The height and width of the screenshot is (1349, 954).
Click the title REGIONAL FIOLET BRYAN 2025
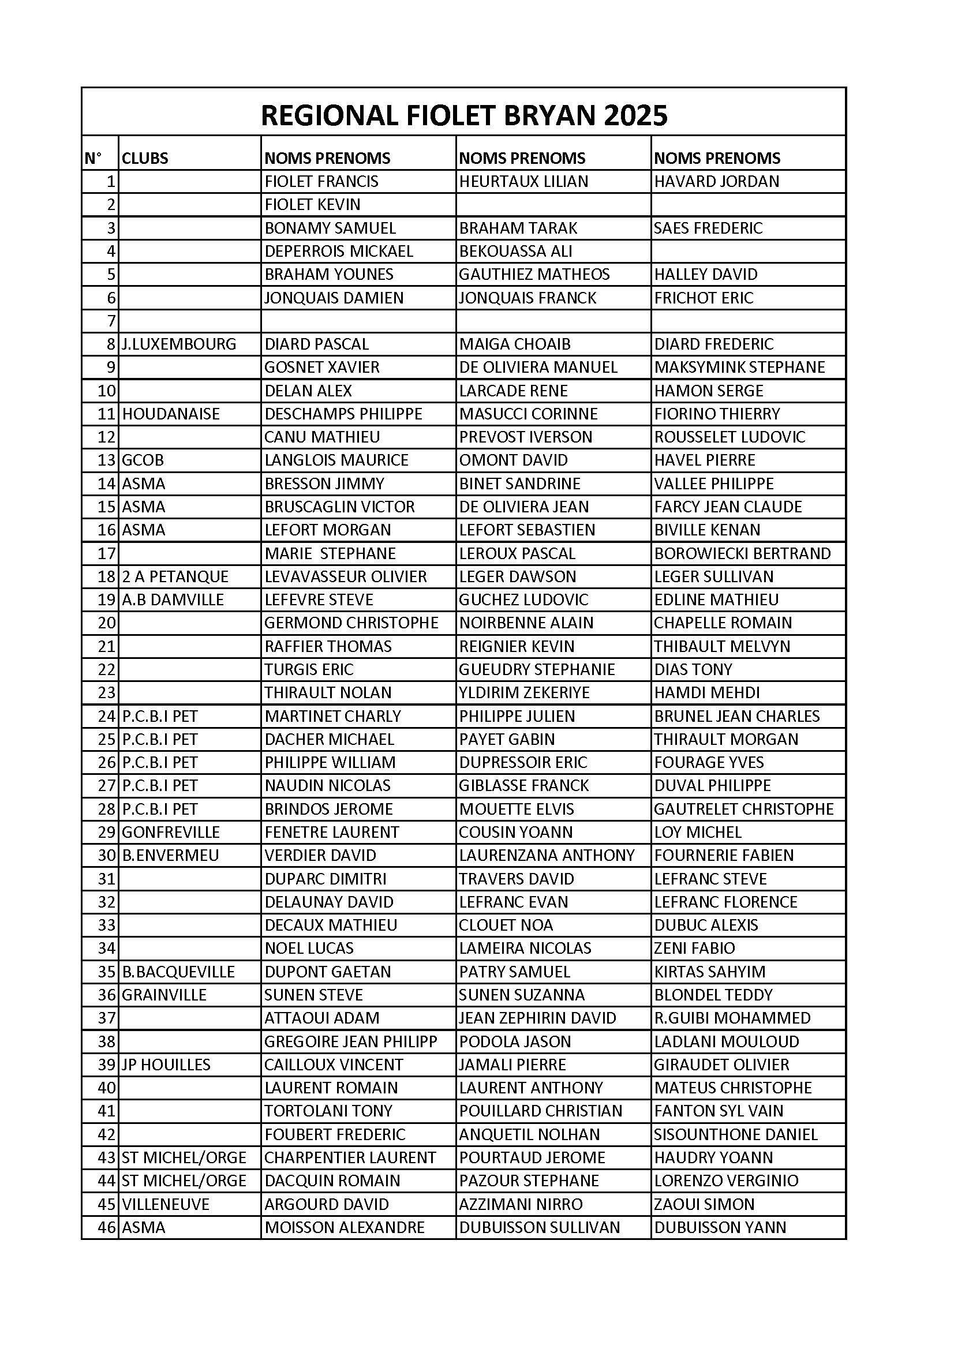point(464,115)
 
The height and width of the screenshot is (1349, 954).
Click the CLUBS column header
point(145,158)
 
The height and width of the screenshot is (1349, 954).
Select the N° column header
point(93,158)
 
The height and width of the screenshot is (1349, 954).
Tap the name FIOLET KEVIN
point(312,204)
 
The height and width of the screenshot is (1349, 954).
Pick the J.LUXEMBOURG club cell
point(179,344)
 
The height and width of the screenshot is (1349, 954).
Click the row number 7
point(111,321)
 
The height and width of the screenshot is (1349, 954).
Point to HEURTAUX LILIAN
point(523,181)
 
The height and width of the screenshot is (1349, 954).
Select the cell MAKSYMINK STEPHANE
point(739,367)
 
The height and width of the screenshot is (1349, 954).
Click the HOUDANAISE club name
point(170,414)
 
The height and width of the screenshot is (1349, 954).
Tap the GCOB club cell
point(143,460)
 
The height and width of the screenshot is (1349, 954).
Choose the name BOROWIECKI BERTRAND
point(742,553)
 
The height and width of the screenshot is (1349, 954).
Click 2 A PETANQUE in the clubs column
point(175,576)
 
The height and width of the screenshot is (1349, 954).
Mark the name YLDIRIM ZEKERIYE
point(523,693)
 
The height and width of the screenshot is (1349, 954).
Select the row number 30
point(107,856)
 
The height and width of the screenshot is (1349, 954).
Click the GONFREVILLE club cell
point(170,832)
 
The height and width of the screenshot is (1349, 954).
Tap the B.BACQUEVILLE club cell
point(178,972)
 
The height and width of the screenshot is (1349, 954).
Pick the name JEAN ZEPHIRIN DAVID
point(537,1018)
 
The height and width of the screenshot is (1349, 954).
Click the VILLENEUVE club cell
point(165,1205)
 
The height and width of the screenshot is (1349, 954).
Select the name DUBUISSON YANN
point(720,1227)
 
